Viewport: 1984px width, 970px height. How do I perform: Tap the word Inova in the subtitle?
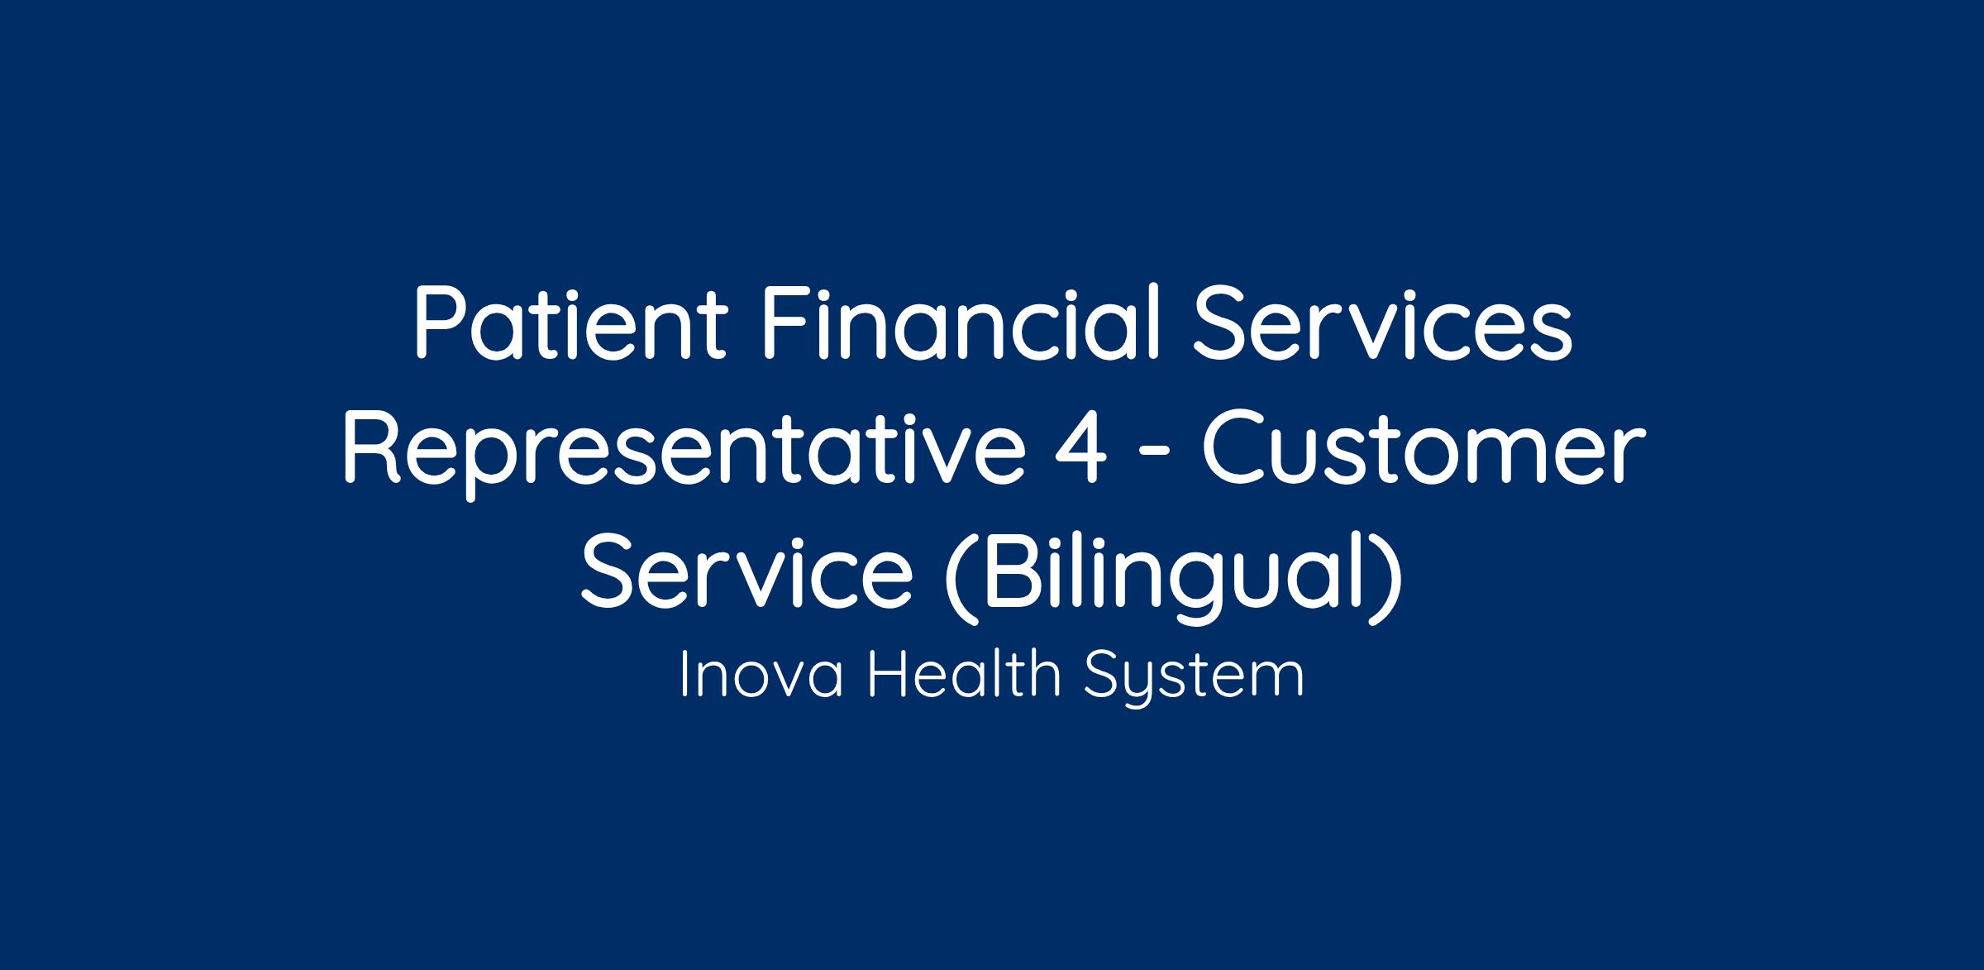[761, 675]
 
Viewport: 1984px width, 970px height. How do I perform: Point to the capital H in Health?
[887, 675]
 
